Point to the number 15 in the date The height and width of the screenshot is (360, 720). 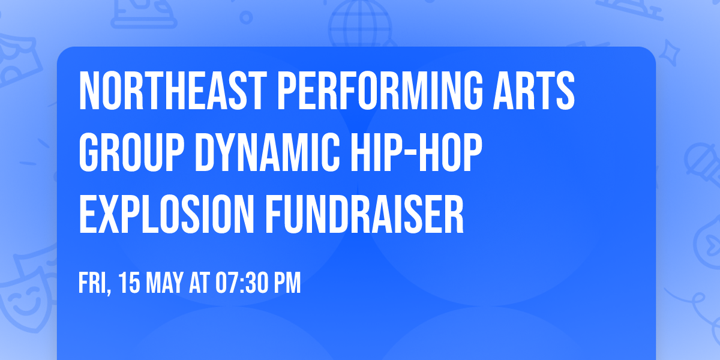click(x=128, y=283)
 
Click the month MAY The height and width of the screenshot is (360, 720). click(x=165, y=283)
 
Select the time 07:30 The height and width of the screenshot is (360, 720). click(x=242, y=283)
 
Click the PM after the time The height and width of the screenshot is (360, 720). click(x=287, y=283)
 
